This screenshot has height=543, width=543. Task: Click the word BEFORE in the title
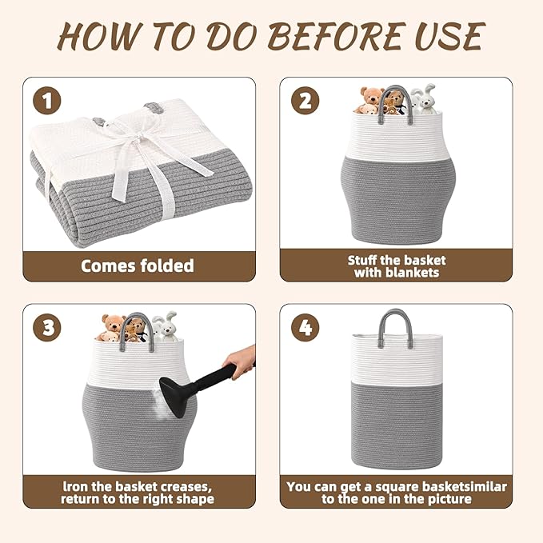(337, 36)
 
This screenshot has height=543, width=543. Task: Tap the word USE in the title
(450, 36)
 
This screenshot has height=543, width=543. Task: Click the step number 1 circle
(46, 101)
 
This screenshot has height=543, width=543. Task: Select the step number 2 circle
(305, 101)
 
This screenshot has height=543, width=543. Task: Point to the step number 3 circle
(46, 327)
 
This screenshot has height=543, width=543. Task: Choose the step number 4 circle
(305, 327)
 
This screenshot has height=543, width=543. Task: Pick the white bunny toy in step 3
(166, 326)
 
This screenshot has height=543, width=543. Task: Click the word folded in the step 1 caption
(167, 266)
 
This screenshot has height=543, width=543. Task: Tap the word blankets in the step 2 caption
(412, 273)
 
